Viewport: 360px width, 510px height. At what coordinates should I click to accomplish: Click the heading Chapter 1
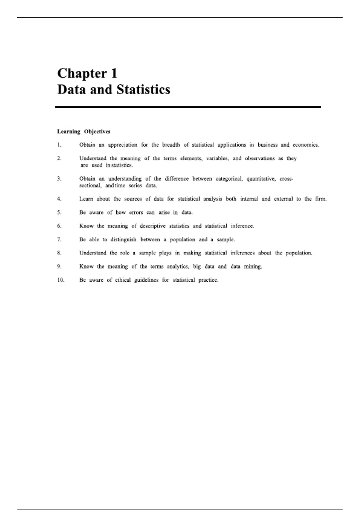[87, 73]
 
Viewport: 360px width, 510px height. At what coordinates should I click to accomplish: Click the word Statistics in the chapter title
[143, 90]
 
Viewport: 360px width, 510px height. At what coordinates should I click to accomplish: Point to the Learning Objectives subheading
[84, 131]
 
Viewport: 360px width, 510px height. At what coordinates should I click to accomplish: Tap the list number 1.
[59, 145]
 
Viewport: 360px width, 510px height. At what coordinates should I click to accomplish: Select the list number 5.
[59, 212]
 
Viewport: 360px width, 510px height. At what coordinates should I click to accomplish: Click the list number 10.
[61, 280]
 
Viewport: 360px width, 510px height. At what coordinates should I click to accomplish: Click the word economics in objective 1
[305, 145]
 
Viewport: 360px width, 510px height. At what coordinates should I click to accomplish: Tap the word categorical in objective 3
[229, 179]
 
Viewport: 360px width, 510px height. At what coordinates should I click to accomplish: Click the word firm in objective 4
[320, 199]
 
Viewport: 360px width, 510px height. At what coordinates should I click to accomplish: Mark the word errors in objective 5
[136, 212]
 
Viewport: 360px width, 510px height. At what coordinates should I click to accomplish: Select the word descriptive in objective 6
[153, 226]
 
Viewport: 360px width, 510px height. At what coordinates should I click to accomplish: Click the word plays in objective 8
[165, 253]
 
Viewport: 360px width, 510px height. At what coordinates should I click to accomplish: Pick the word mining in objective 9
[253, 266]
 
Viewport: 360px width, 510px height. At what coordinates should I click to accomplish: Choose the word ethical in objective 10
[123, 280]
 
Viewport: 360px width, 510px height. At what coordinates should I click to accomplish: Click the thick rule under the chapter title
[188, 107]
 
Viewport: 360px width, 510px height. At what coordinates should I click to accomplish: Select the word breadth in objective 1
[171, 145]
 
